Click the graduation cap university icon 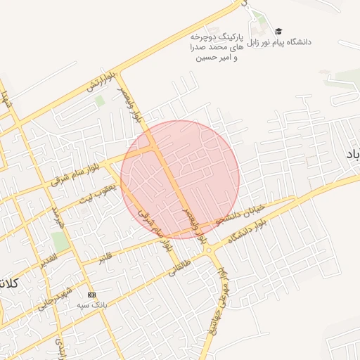click(x=278, y=31)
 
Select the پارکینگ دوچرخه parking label click(x=217, y=35)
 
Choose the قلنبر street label click(x=103, y=255)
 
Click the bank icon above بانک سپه click(x=91, y=294)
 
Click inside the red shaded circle click(x=180, y=179)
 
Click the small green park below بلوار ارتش click(x=100, y=101)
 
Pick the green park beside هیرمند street click(x=60, y=240)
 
